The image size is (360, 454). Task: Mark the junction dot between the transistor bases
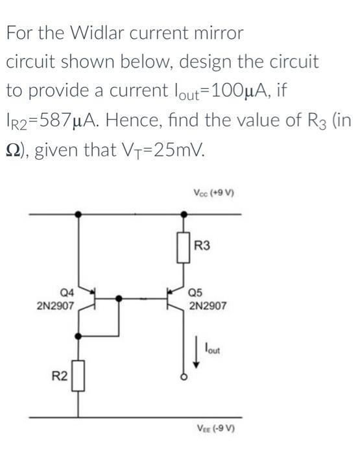[119, 298]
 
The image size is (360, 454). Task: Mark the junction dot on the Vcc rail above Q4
[79, 213]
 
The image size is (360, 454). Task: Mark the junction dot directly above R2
[79, 337]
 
